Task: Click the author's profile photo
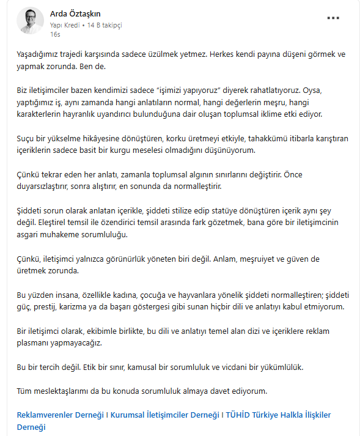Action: tap(30, 21)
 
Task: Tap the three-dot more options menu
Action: tap(332, 18)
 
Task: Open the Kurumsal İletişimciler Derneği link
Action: tap(164, 415)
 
